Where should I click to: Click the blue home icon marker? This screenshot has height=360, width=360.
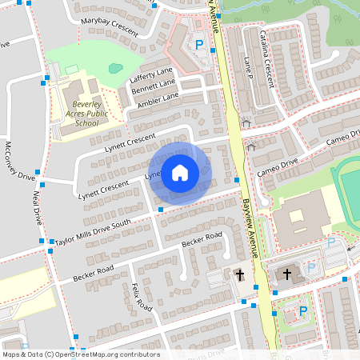click(180, 172)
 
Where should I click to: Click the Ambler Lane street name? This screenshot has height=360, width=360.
click(158, 98)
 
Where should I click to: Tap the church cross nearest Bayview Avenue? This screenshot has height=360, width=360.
click(238, 275)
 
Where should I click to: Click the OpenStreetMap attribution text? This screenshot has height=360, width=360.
click(80, 354)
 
